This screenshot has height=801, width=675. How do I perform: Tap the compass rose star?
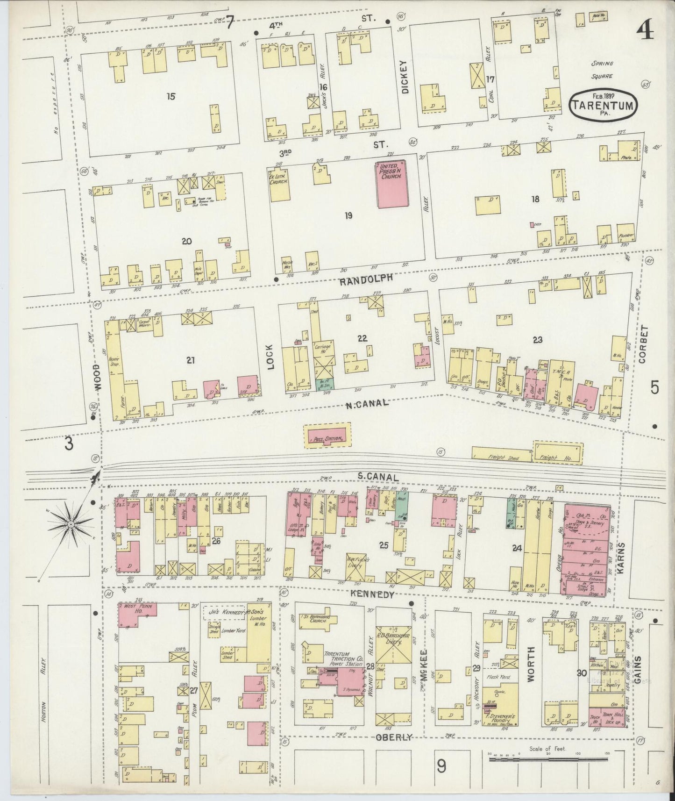coord(70,524)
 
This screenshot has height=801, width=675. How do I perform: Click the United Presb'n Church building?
coord(391,184)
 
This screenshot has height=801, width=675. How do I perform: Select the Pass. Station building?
coord(328,436)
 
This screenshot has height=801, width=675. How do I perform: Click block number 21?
coord(190,360)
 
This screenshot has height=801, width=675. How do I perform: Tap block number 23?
coord(537,340)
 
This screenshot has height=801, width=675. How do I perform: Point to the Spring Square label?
coord(602,70)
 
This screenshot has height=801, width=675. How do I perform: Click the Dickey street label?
coord(405,77)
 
